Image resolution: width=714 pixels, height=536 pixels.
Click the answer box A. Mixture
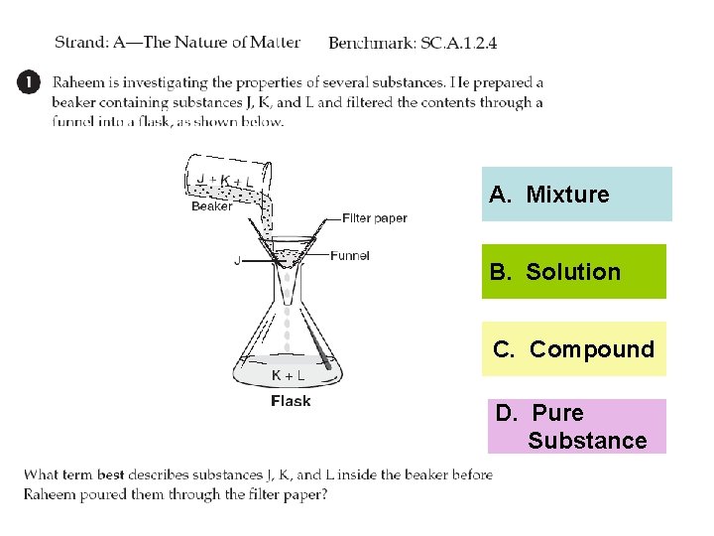[576, 195]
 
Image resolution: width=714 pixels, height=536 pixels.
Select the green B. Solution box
[573, 272]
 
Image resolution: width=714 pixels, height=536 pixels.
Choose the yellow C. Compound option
[573, 349]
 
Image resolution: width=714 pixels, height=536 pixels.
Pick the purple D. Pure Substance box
[573, 426]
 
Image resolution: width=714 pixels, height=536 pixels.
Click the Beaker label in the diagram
[211, 206]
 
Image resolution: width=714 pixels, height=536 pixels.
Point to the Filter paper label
[374, 218]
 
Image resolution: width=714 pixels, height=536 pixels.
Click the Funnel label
[349, 255]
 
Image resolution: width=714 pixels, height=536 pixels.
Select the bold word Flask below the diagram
[291, 401]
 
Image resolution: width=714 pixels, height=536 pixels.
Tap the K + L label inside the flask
[288, 375]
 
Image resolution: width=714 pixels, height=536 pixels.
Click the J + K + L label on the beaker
[223, 180]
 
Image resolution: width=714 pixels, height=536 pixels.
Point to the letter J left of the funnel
[236, 261]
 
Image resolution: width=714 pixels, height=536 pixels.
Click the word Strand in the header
[81, 43]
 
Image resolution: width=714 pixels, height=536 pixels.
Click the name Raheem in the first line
[80, 82]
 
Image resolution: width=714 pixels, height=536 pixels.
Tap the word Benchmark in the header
[370, 43]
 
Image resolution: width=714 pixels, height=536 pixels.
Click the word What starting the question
[42, 474]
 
